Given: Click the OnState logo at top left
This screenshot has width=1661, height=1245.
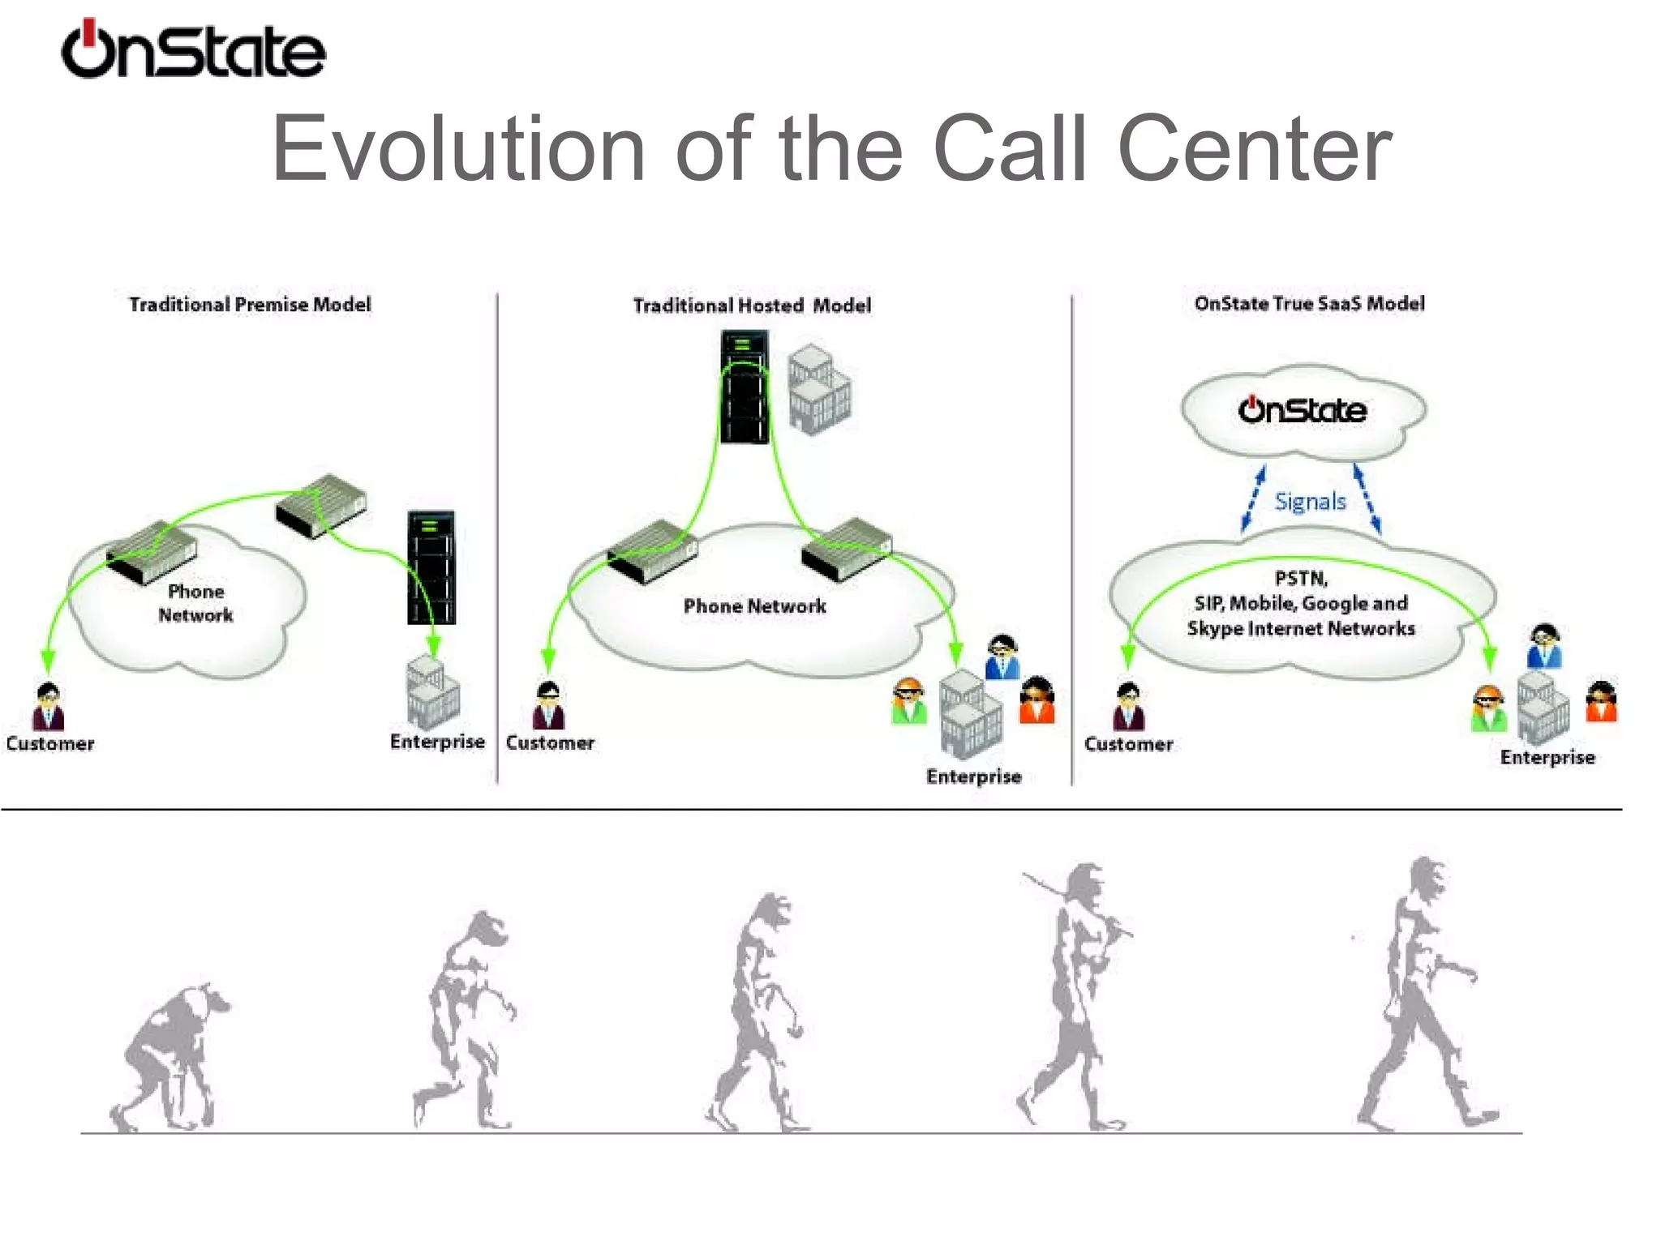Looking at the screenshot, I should (193, 50).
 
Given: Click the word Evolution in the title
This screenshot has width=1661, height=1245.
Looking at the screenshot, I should (457, 149).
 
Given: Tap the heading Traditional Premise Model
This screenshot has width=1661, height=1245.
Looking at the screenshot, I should (250, 304).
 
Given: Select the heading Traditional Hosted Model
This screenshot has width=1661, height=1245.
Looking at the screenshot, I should (752, 306).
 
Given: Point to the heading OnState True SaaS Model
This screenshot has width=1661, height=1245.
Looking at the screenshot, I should (1309, 303).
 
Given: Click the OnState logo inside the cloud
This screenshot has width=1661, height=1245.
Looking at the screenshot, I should (1302, 410).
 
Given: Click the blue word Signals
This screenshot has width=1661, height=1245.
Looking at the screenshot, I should (1310, 502).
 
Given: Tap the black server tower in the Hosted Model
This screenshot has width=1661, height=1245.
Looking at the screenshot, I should (744, 387).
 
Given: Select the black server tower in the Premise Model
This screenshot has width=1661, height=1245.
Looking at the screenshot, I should (431, 567).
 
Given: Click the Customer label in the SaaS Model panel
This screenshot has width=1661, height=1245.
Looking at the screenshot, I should (1128, 744).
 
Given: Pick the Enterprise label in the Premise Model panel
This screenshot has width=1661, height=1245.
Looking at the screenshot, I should (437, 742).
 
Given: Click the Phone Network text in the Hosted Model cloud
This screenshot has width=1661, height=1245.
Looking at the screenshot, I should (754, 606).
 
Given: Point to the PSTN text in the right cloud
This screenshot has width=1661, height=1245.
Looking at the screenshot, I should (1300, 578).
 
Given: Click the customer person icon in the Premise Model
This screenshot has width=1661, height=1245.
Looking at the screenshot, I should (48, 707).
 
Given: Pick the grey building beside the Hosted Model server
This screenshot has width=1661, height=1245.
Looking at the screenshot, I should (819, 391).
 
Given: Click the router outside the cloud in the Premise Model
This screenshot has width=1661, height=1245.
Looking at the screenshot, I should (321, 506).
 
